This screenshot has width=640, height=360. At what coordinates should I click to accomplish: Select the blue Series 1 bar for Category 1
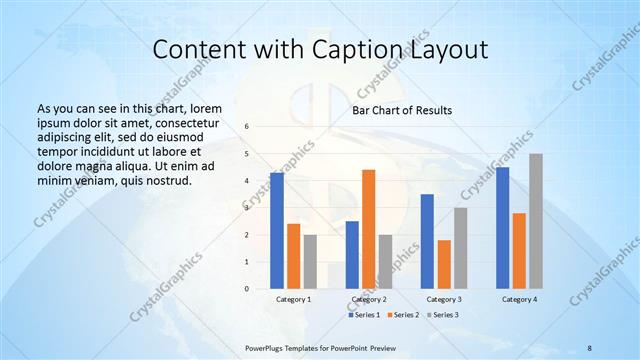pos(277,231)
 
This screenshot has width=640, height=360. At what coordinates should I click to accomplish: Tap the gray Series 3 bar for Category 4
pos(536,221)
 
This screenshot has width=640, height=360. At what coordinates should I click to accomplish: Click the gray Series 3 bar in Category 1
pos(310,262)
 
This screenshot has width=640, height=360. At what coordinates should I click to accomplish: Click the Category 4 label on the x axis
pos(519,299)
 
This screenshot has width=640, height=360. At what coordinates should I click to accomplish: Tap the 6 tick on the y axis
pos(247,127)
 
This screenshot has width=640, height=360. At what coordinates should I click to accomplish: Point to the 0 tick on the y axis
pos(247,289)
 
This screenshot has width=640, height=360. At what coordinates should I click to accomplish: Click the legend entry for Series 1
pos(363,315)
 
